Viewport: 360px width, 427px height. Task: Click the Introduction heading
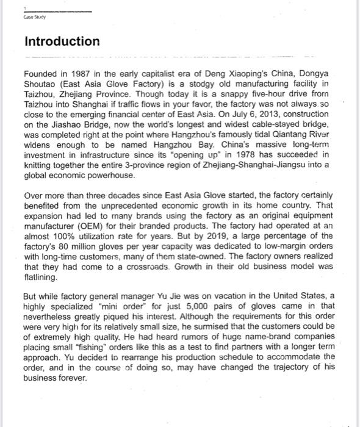(x=62, y=41)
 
